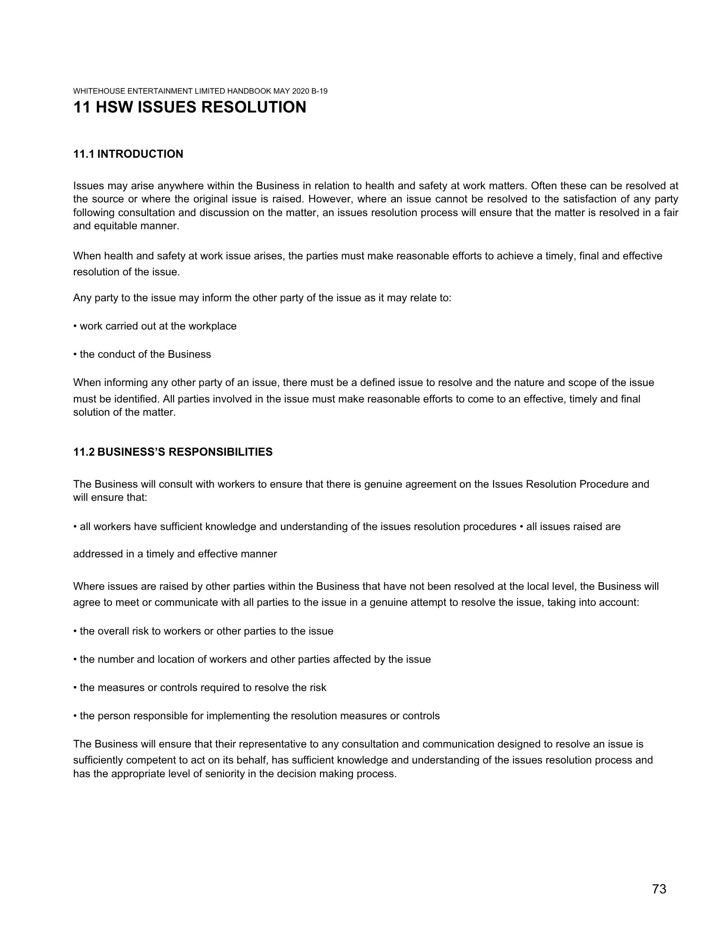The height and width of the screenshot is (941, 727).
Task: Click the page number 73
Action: click(659, 889)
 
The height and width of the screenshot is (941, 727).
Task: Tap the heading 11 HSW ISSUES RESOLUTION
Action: click(190, 107)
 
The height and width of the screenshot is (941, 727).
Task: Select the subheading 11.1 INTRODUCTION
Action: click(128, 154)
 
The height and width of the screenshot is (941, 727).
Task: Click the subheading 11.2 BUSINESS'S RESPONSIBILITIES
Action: click(173, 452)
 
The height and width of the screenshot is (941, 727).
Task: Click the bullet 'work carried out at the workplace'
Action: click(155, 326)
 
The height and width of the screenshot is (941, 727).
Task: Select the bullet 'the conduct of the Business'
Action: click(143, 354)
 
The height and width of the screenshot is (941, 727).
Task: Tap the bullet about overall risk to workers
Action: click(203, 631)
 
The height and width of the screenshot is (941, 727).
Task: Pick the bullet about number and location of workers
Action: click(252, 659)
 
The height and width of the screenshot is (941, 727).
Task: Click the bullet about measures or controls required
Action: click(200, 687)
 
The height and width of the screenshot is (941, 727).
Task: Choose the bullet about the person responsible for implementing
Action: click(256, 716)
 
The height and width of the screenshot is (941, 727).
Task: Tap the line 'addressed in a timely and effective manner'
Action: click(175, 554)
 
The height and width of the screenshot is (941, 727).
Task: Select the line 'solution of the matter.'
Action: click(124, 413)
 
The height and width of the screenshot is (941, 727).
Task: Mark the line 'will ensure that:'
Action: click(110, 497)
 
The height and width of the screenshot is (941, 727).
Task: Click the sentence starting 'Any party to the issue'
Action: click(262, 298)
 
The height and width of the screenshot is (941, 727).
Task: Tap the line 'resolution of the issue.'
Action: click(126, 272)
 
